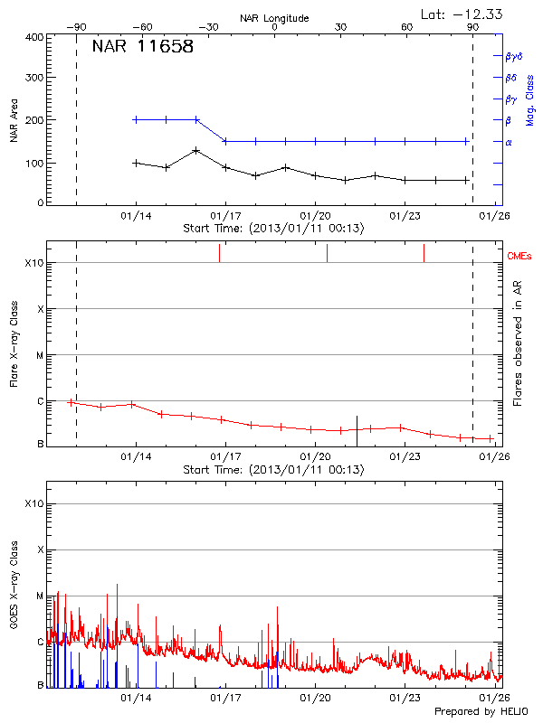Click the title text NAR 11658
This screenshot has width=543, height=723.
tap(142, 47)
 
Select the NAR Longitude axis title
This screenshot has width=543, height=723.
tap(274, 18)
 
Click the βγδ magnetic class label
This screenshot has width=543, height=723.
tap(514, 56)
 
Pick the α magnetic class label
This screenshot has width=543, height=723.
tap(509, 142)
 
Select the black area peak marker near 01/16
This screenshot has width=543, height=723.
tap(195, 150)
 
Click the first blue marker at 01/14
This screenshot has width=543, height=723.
tap(136, 119)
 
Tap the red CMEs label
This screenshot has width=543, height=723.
tap(519, 257)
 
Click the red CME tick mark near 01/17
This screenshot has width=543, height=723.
tap(219, 253)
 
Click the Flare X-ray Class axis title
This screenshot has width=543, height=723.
tap(14, 343)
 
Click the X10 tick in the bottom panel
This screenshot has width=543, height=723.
tap(33, 503)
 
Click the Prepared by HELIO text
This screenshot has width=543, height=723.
tap(479, 712)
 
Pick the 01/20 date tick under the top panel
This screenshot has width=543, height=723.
tap(315, 217)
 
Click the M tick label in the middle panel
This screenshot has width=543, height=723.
tap(38, 355)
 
